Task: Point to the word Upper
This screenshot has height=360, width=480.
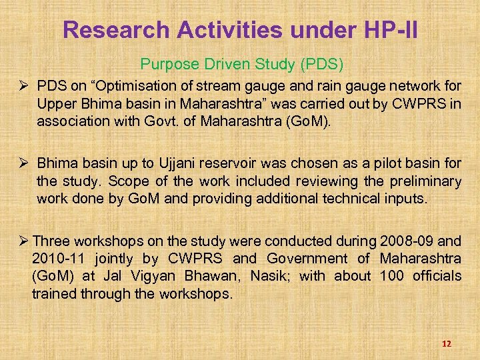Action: [55, 105]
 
